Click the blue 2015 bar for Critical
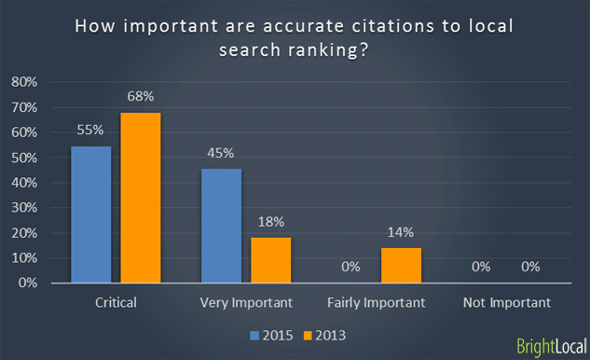90,214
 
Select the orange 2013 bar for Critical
140,197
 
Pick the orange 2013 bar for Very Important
271,259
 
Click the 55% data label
91,131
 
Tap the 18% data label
271,223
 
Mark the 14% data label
402,233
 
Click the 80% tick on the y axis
23,82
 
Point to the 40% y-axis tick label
23,183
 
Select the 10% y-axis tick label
23,258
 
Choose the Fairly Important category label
377,302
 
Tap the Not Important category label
506,302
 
